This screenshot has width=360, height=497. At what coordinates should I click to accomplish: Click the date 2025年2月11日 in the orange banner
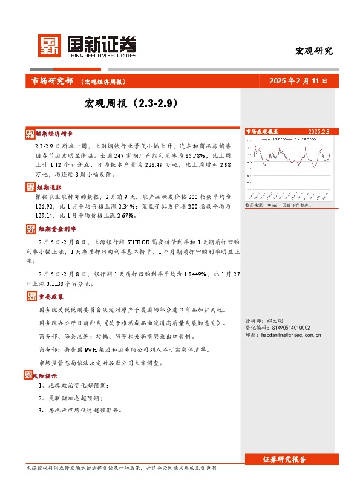[x=299, y=81]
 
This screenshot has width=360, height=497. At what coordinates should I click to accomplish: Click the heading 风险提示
[x=45, y=375]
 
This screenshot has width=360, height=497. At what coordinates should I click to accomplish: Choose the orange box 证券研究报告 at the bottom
[x=284, y=460]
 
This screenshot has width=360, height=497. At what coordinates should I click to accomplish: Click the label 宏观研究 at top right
[x=313, y=51]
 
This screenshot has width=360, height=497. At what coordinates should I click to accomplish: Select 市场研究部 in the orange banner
[x=51, y=81]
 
